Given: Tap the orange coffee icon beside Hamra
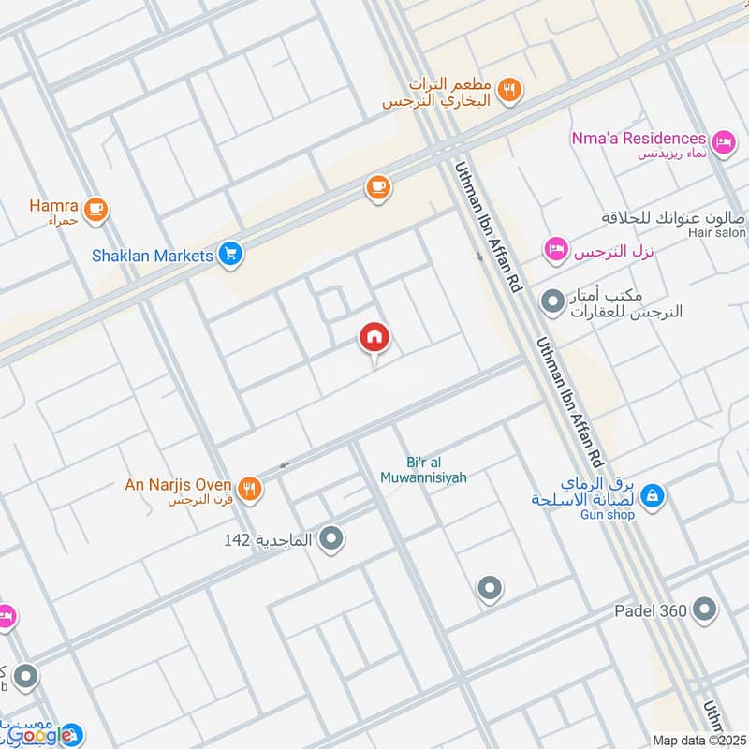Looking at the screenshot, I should tap(95, 209).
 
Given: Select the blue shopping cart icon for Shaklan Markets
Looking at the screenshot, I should tap(230, 253).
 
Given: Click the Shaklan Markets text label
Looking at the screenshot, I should tap(152, 254).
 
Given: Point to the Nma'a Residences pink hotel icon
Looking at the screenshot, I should tap(723, 142).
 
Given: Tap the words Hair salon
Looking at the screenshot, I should tap(717, 232).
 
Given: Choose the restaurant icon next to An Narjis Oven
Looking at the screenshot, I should tap(249, 487).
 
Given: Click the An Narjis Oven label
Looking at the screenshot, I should tap(178, 484).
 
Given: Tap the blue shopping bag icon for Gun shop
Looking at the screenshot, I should tap(654, 495).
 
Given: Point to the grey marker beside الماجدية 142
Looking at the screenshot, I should tap(331, 538).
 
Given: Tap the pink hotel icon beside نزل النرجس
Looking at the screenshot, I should tap(556, 250).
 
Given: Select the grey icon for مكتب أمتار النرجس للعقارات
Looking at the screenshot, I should tap(552, 301).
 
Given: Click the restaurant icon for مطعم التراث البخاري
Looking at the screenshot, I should tap(510, 90).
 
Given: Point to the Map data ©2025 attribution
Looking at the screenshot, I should tap(699, 741).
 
